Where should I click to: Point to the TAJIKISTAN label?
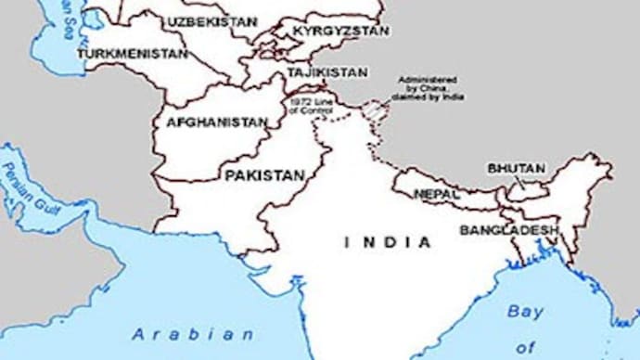(326, 71)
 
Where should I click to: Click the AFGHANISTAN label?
(216, 122)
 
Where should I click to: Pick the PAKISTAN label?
(264, 174)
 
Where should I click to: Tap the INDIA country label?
(388, 242)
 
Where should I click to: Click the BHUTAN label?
(516, 168)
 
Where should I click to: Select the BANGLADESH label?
(509, 229)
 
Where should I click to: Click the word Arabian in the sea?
(192, 333)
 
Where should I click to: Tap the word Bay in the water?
(525, 312)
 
